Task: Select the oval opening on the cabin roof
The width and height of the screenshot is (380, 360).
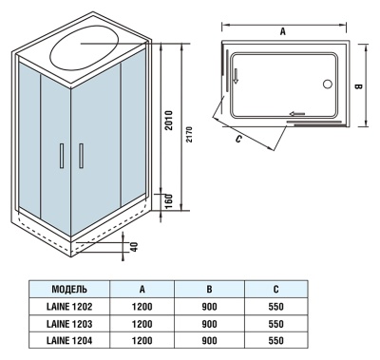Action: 85,49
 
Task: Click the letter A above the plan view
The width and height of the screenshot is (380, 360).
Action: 283,30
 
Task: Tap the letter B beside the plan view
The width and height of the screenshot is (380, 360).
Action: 358,85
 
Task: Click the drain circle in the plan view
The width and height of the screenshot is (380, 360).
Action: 329,85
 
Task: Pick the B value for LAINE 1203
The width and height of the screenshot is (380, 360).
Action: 210,323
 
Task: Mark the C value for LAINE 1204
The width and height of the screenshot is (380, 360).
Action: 276,340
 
